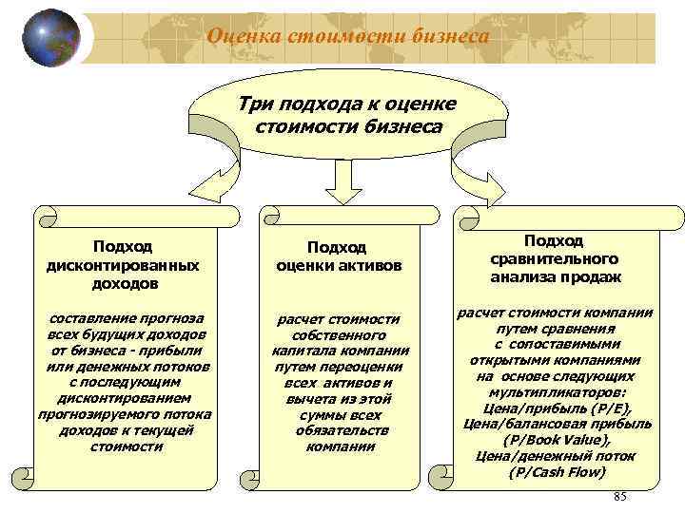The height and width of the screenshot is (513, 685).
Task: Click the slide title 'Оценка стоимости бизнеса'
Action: point(349,36)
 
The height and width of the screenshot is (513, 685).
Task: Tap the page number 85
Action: point(620,498)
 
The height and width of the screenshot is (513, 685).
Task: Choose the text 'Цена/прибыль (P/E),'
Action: point(556,408)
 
